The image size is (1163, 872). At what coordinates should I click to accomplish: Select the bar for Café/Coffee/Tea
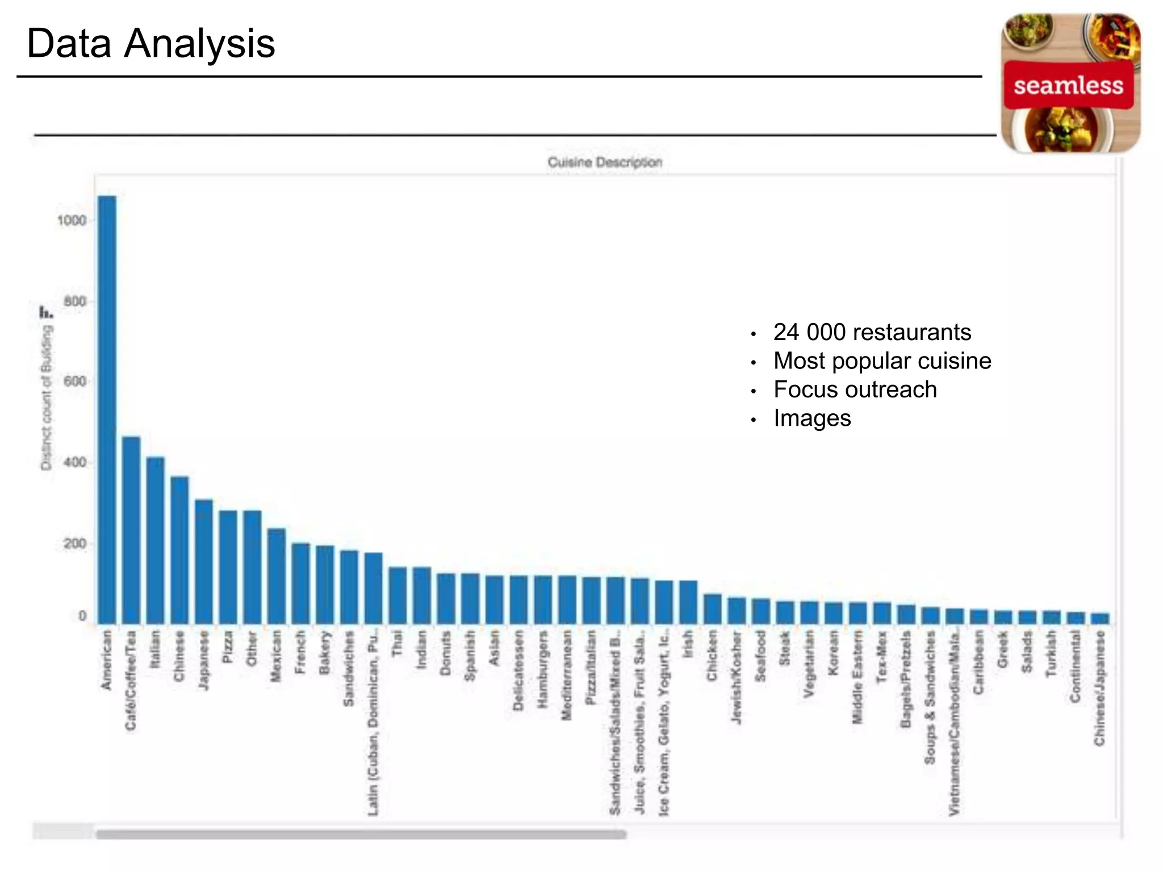click(131, 530)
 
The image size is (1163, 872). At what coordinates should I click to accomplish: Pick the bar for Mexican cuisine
click(277, 576)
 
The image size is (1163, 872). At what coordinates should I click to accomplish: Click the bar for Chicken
click(713, 609)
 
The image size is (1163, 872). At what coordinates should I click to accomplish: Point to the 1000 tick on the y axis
click(72, 221)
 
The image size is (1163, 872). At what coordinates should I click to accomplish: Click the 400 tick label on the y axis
click(75, 463)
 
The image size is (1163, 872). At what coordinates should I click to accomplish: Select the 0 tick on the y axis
click(82, 616)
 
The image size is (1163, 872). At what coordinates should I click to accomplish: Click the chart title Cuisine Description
click(605, 162)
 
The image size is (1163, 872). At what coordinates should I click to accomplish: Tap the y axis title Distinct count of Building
click(46, 397)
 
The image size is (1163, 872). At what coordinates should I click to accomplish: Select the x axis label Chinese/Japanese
click(1100, 688)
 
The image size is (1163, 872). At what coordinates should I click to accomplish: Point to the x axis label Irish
click(688, 644)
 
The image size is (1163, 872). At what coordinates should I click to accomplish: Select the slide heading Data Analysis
click(151, 44)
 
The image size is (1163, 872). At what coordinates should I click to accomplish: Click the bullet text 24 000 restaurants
click(872, 332)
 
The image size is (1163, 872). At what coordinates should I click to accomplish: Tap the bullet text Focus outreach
click(855, 390)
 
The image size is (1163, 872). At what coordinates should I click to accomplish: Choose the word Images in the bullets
click(812, 419)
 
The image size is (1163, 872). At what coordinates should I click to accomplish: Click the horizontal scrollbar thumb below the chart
click(361, 835)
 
